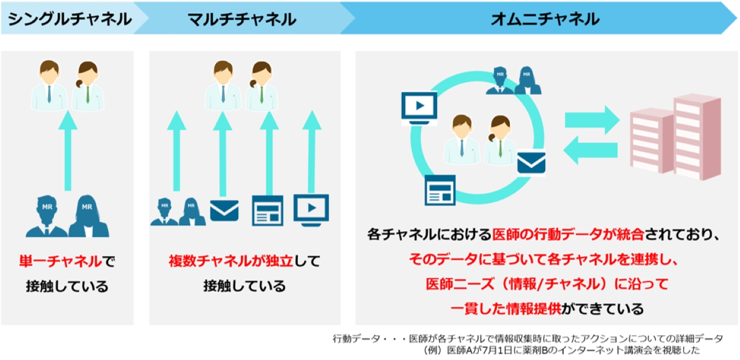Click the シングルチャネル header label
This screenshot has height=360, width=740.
[x=70, y=19]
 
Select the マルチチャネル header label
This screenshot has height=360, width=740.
[x=242, y=19]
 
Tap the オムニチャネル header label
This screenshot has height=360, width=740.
[x=545, y=19]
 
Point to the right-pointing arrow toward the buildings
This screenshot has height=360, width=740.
[x=592, y=120]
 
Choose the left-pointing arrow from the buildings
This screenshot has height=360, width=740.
[x=590, y=150]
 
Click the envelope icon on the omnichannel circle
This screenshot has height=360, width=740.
[x=531, y=163]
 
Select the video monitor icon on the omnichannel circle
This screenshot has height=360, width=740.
[x=419, y=107]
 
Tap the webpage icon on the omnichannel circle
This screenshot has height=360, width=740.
[x=440, y=190]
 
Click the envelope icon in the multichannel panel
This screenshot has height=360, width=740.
[x=224, y=210]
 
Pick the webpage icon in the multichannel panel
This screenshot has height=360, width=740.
[x=268, y=211]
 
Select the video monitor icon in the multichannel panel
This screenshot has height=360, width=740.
[x=311, y=210]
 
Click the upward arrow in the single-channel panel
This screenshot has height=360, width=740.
[x=68, y=151]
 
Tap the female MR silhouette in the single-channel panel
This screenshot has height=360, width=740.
[x=88, y=216]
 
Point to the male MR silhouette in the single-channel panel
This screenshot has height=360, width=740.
[x=47, y=217]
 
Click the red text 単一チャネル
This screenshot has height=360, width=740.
[x=61, y=261]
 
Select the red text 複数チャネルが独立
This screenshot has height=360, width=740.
[x=231, y=261]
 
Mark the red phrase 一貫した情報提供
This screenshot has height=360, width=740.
[x=506, y=309]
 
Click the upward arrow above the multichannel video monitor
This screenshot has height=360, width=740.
[x=312, y=151]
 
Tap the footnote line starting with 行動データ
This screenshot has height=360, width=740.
[x=528, y=339]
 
